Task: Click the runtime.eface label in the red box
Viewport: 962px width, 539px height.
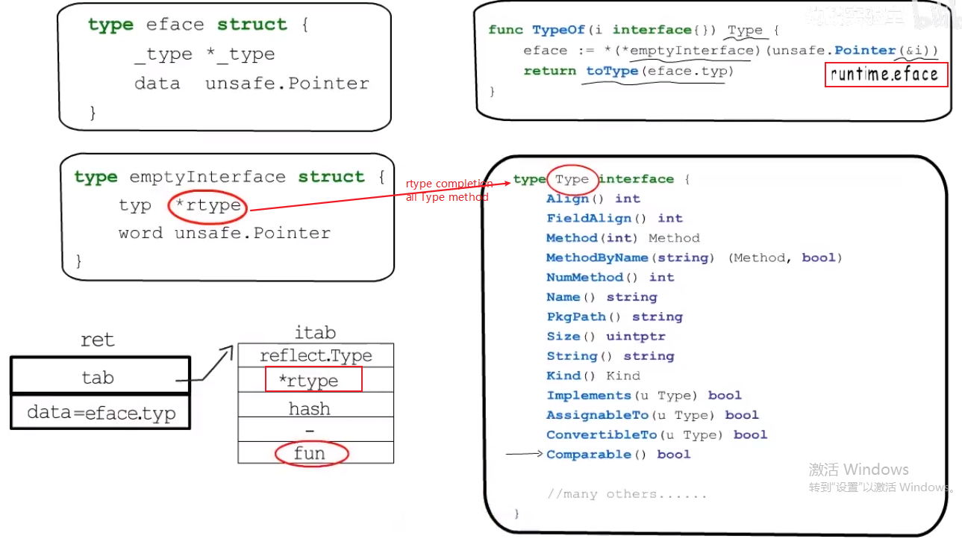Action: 885,75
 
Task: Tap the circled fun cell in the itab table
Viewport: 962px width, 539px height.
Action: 310,453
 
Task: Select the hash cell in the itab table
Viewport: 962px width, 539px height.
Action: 310,409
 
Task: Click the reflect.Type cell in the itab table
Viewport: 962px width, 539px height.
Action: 316,355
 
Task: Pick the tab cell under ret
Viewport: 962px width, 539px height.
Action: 99,377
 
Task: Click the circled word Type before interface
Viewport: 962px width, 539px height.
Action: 572,179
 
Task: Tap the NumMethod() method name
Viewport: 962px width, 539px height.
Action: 585,278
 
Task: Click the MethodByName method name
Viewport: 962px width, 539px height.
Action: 597,258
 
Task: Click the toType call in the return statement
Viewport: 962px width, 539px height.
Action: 612,71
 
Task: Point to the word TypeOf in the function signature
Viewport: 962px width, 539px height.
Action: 559,30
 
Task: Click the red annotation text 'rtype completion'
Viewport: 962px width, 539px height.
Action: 449,184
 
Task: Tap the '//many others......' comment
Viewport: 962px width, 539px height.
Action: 626,494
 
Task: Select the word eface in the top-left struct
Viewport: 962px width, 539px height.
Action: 175,25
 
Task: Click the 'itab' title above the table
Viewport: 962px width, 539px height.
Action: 315,332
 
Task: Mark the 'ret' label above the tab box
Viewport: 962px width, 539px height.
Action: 98,340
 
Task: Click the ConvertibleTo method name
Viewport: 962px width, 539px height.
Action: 601,435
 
